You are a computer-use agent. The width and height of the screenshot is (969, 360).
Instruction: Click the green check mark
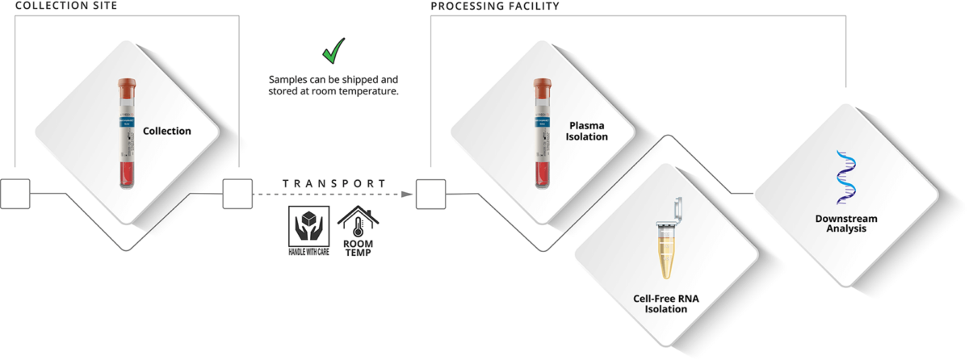click(x=332, y=51)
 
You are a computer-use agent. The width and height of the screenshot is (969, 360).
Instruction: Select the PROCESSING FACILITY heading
click(x=495, y=7)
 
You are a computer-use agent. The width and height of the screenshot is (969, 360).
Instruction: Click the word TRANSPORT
click(x=333, y=183)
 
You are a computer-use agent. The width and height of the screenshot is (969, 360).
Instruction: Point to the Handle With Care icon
click(x=308, y=229)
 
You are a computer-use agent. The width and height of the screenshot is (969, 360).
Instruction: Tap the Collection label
click(x=167, y=131)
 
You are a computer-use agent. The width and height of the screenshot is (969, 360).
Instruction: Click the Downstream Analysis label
click(x=845, y=224)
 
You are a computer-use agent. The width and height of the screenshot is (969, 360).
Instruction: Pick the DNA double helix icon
click(x=845, y=177)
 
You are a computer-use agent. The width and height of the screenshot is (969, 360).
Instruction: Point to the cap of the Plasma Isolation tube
click(x=543, y=84)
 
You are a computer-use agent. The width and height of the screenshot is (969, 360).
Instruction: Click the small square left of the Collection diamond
click(x=15, y=194)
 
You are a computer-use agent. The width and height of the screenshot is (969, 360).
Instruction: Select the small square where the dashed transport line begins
click(x=237, y=194)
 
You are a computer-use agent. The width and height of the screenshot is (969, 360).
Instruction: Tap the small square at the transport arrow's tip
click(x=430, y=194)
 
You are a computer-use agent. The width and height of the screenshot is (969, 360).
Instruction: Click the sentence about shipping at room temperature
click(x=333, y=86)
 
